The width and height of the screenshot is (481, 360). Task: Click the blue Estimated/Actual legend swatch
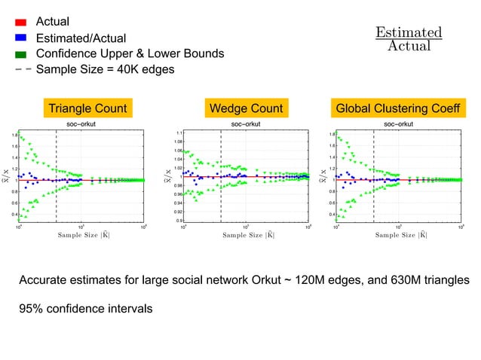(21, 38)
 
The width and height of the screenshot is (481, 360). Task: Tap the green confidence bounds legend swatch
(21, 53)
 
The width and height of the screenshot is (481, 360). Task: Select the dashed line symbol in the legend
(21, 69)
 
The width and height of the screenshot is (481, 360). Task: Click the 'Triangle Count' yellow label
(87, 108)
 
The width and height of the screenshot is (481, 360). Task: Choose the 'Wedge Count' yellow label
(247, 108)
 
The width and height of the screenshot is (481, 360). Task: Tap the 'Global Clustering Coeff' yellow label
(398, 108)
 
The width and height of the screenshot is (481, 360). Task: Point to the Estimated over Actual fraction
(409, 39)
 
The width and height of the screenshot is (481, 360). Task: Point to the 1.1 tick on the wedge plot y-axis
(179, 132)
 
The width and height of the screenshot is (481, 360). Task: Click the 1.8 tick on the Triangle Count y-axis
(15, 136)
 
